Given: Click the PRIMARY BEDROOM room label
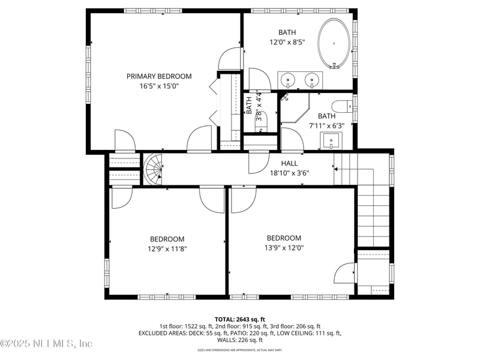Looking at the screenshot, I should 159,76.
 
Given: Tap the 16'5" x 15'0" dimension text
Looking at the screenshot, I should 159,86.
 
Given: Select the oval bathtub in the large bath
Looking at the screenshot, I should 335,43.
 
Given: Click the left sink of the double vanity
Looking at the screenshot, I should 288,79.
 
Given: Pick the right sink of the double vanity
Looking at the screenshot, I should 312,79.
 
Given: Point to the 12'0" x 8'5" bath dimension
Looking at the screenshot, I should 287,43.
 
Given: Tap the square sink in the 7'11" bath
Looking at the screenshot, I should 331,141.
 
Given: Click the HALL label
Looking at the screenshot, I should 289,163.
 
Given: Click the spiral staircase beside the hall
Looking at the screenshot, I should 154,169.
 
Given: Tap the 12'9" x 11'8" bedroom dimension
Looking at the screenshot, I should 167,249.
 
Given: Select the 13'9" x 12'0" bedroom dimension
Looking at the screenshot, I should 284,248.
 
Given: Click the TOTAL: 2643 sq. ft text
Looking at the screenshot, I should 240,319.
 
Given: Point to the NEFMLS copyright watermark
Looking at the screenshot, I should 47,344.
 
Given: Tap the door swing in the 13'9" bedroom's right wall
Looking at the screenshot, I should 346,274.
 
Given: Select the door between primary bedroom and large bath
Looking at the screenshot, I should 230,59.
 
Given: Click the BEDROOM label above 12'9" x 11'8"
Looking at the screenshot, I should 167,239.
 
